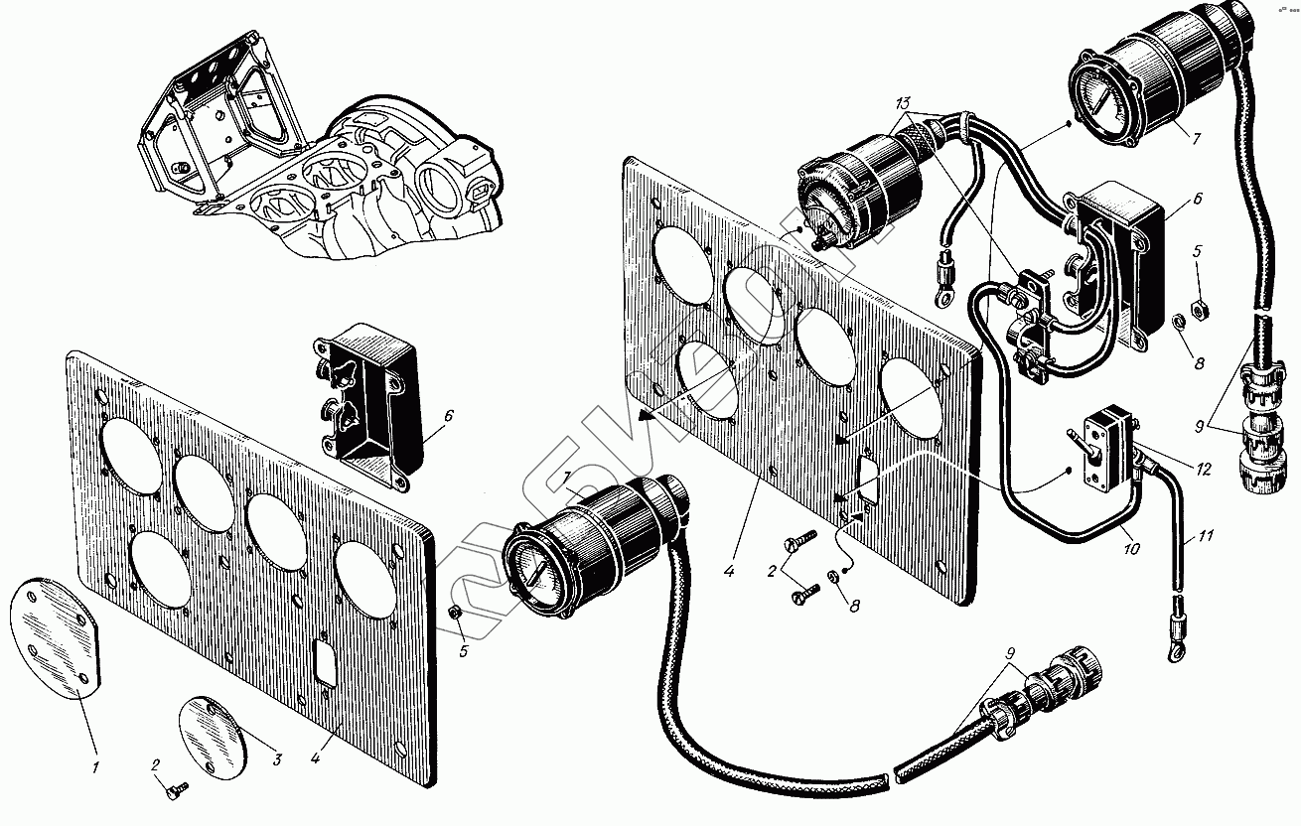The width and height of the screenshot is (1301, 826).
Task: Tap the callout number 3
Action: coord(277,760)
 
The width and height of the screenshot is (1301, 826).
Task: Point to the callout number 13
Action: coord(902,104)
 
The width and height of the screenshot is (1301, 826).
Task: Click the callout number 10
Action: coord(1132,548)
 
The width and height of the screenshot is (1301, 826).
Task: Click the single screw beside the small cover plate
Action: coord(178,786)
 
